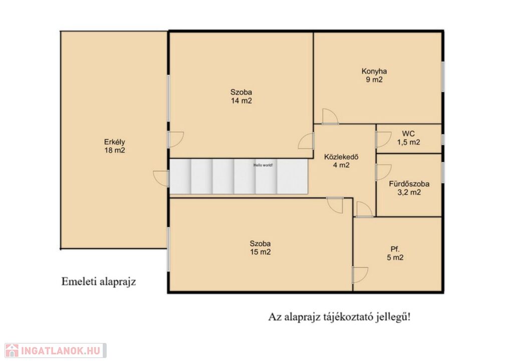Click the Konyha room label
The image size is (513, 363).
[374, 71]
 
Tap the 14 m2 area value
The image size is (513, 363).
[241, 101]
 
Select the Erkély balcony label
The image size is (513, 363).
[115, 142]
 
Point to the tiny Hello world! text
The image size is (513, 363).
[263, 165]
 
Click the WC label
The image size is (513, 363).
[408, 133]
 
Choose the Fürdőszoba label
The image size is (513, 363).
[409, 184]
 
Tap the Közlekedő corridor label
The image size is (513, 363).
[341, 157]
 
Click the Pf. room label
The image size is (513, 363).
[395, 249]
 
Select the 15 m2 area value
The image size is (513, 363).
[260, 252]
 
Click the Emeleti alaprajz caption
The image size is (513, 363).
[99, 281]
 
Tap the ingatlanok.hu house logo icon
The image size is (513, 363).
[12, 350]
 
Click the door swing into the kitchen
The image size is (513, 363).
[330, 117]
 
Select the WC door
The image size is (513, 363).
[383, 140]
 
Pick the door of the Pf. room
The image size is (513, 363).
[360, 275]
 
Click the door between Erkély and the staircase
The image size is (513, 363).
[161, 179]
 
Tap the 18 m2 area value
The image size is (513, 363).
[115, 150]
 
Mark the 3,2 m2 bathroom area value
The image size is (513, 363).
[409, 192]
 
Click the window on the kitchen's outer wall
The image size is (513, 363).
[443, 77]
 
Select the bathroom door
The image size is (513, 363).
[383, 172]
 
